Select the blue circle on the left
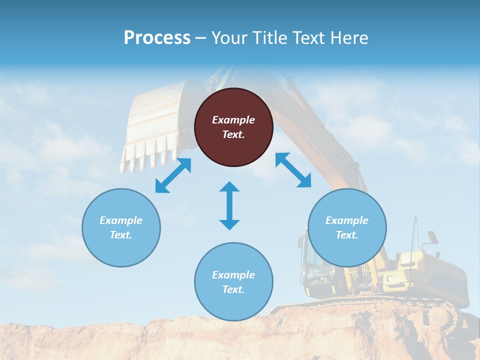point(121,227)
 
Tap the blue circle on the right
point(347,227)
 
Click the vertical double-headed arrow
point(229,205)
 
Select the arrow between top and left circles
point(173,175)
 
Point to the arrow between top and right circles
point(293,170)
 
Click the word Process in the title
point(157,38)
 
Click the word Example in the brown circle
point(233,120)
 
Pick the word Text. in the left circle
point(121,235)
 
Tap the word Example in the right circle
point(347,220)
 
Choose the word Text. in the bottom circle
point(233,289)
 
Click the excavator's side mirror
point(432,236)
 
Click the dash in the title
point(201,38)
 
